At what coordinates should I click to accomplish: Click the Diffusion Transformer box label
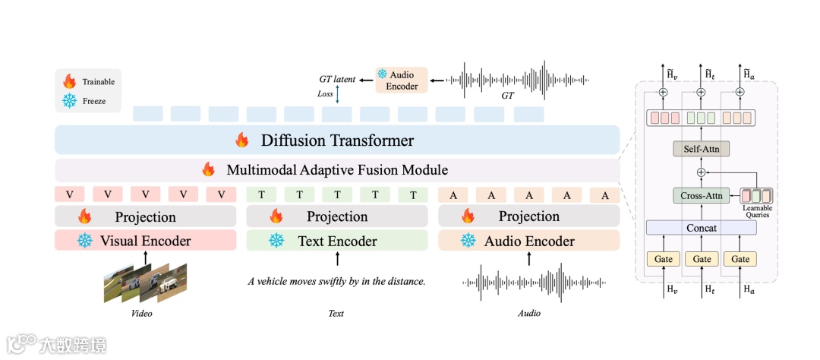(x=337, y=141)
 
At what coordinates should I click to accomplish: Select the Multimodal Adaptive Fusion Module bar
(x=337, y=170)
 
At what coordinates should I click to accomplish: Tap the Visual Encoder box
(x=146, y=242)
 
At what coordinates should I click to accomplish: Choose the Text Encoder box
(x=337, y=242)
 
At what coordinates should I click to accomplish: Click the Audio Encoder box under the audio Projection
(x=529, y=242)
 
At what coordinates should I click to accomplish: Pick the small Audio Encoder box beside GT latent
(x=402, y=80)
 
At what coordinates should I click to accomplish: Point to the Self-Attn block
(x=702, y=149)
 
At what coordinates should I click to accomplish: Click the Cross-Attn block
(x=702, y=195)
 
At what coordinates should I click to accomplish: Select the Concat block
(x=702, y=228)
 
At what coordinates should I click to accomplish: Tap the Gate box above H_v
(x=663, y=259)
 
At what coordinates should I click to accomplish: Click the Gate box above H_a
(x=740, y=259)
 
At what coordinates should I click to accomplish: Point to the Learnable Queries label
(x=757, y=212)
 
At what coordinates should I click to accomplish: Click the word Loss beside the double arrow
(x=325, y=94)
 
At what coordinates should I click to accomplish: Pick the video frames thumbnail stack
(x=145, y=282)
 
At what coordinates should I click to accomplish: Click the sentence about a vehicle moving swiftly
(x=336, y=282)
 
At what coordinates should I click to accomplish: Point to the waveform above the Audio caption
(x=529, y=282)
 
